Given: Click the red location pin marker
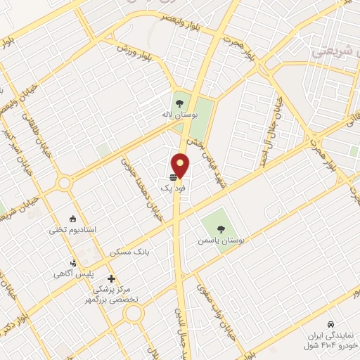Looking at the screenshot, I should coord(181,165).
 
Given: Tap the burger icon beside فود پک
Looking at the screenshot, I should coord(173,176).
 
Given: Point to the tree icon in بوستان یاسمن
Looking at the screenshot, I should coord(221,229).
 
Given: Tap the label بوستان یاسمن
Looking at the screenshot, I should coord(223,240).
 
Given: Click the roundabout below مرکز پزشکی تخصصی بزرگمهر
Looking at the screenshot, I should coord(134,313).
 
